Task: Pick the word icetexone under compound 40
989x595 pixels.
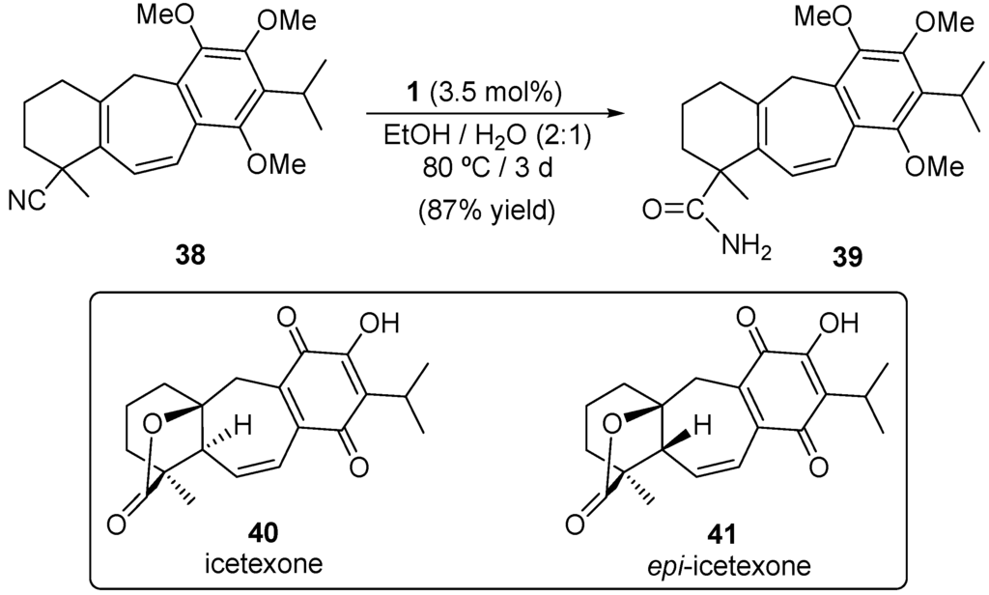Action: [x=255, y=562]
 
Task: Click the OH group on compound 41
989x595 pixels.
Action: [x=853, y=320]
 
